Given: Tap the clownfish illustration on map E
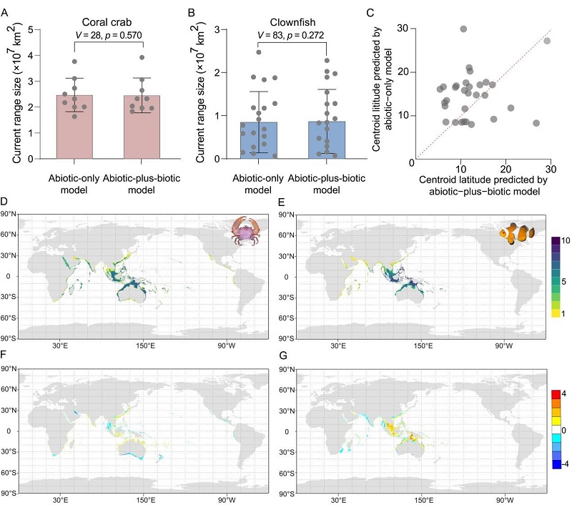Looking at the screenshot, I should (518, 233).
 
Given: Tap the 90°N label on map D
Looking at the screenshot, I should (10, 215).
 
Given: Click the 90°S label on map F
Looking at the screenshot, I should (10, 492).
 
